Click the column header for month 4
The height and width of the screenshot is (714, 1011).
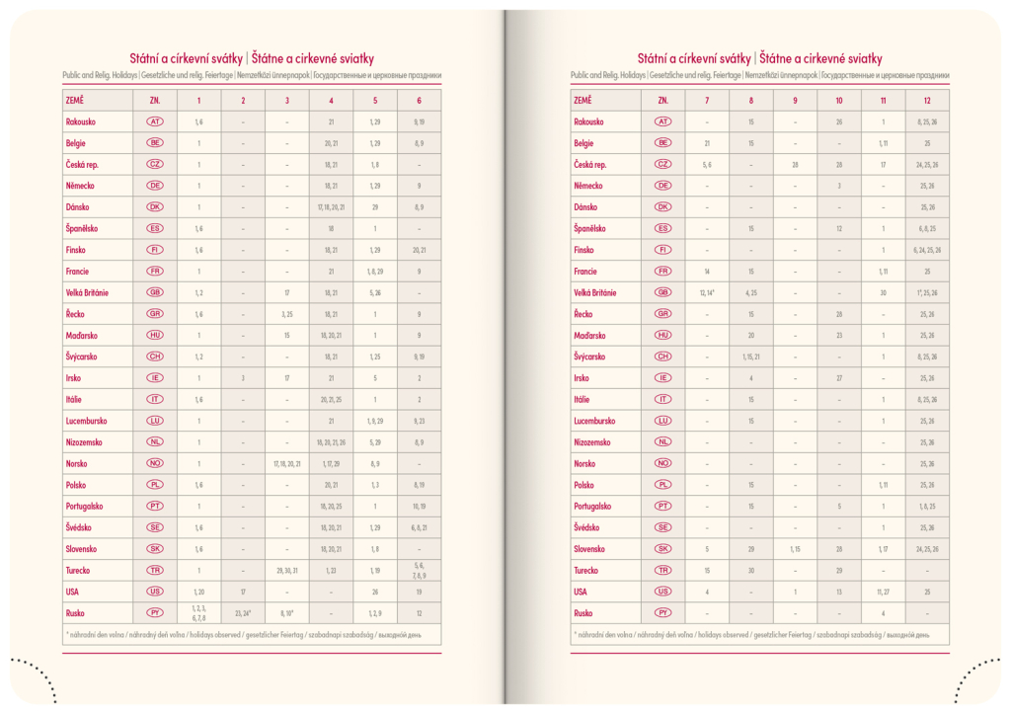[x=331, y=101]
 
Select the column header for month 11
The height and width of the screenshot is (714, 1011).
[x=883, y=101]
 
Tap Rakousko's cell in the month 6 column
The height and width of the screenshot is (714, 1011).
[x=419, y=121]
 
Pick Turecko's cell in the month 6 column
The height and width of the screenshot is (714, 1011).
[x=419, y=570]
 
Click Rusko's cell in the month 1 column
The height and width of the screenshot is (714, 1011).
[x=198, y=612]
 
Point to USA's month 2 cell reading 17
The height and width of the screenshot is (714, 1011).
[x=243, y=592]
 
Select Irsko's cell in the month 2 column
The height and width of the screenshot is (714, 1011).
[x=243, y=378]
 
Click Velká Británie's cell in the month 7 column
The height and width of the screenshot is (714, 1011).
[x=707, y=292]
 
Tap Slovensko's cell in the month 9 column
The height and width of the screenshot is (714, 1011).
[x=795, y=549]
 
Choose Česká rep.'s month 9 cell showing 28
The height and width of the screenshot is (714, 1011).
[x=795, y=165]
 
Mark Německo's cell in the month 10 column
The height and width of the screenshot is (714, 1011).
[x=838, y=186]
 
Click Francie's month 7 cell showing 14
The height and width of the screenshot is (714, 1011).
[x=707, y=271]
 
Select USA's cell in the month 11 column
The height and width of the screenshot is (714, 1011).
[x=883, y=592]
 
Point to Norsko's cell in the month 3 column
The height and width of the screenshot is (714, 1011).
[x=287, y=463]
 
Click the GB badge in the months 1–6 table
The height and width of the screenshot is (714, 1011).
[x=155, y=292]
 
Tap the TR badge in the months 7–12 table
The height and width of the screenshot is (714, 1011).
[x=662, y=570]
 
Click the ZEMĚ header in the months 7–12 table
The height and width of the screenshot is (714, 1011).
[x=582, y=101]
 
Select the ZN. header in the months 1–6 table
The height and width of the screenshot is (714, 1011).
[x=155, y=101]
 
